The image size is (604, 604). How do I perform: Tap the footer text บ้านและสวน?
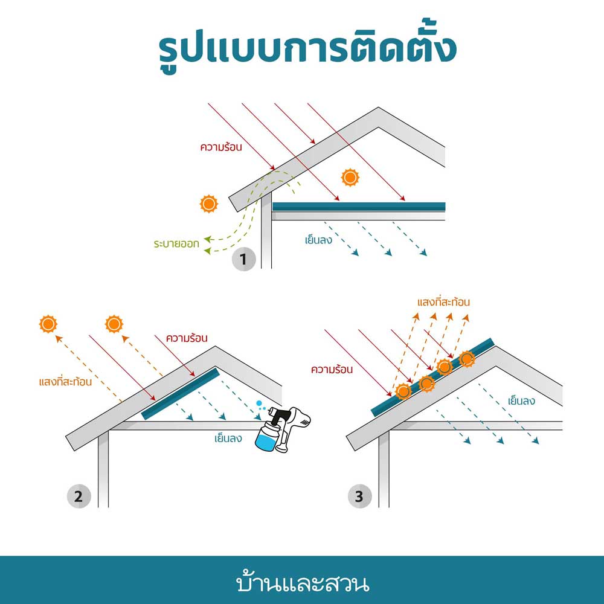click(x=302, y=584)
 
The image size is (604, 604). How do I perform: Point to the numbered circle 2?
click(x=78, y=497)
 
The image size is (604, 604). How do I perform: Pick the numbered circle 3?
click(x=359, y=497)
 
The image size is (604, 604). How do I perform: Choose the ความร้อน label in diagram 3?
click(x=332, y=368)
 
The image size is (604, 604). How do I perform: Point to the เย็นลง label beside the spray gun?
click(x=228, y=438)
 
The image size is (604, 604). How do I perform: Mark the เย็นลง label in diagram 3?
click(x=524, y=400)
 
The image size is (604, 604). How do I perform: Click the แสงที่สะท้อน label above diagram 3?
click(x=443, y=301)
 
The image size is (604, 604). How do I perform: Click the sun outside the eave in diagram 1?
click(x=208, y=204)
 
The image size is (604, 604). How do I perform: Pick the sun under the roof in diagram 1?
click(x=350, y=177)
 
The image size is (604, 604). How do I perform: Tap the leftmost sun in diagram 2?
click(x=48, y=324)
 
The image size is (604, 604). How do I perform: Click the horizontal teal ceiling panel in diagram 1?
click(x=359, y=207)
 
